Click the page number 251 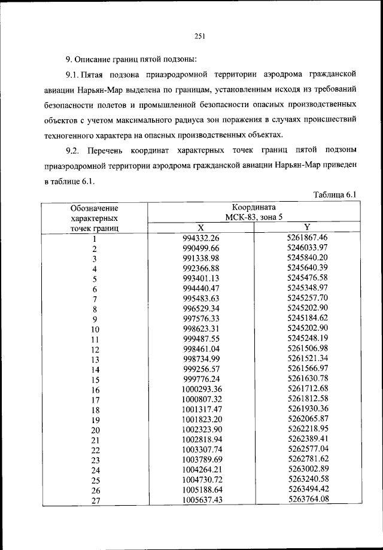(x=200, y=36)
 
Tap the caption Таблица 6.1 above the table (x=335, y=195)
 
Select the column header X (x=201, y=227)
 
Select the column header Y (x=307, y=227)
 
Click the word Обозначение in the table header (x=94, y=208)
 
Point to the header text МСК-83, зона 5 (x=254, y=217)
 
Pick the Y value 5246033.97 (x=308, y=247)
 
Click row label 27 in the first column (x=95, y=501)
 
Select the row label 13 (x=95, y=359)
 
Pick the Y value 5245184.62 (x=308, y=318)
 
